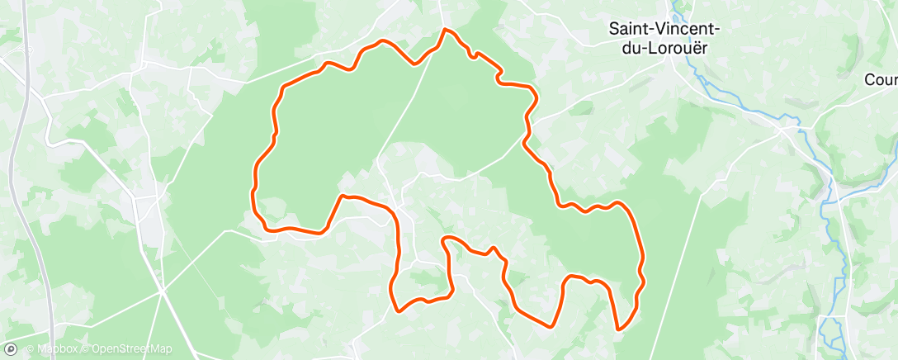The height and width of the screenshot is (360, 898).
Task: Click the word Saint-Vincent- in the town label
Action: click(x=664, y=28)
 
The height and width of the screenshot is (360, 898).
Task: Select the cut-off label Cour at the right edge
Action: click(x=880, y=80)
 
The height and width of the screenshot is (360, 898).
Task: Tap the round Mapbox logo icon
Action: click(x=11, y=349)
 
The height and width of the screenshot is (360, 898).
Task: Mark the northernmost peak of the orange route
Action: click(x=447, y=30)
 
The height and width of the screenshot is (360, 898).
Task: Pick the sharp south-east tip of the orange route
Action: click(x=620, y=329)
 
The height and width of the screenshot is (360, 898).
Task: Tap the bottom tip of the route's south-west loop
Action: click(x=399, y=310)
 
